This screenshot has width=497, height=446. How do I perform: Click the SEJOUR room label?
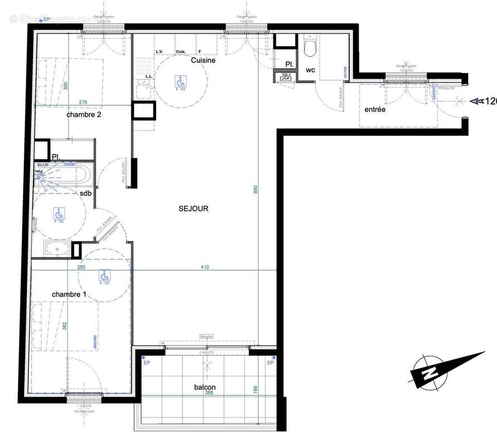pos(194,209)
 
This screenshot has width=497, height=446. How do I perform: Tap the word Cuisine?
pos(203,60)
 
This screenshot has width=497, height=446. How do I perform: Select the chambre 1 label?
pos(69,294)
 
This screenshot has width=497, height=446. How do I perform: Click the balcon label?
pos(205,387)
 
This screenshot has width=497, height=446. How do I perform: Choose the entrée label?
pos(375,110)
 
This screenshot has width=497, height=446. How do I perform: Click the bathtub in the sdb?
pos(62,175)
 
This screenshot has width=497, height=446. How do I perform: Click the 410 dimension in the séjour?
pos(205,268)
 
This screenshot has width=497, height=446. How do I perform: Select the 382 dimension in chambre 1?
pos(65,326)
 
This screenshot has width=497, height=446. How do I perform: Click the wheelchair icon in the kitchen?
pos(180,81)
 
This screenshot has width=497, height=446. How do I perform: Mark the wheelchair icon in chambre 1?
pos(104,275)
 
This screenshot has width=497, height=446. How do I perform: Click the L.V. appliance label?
pos(160,52)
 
